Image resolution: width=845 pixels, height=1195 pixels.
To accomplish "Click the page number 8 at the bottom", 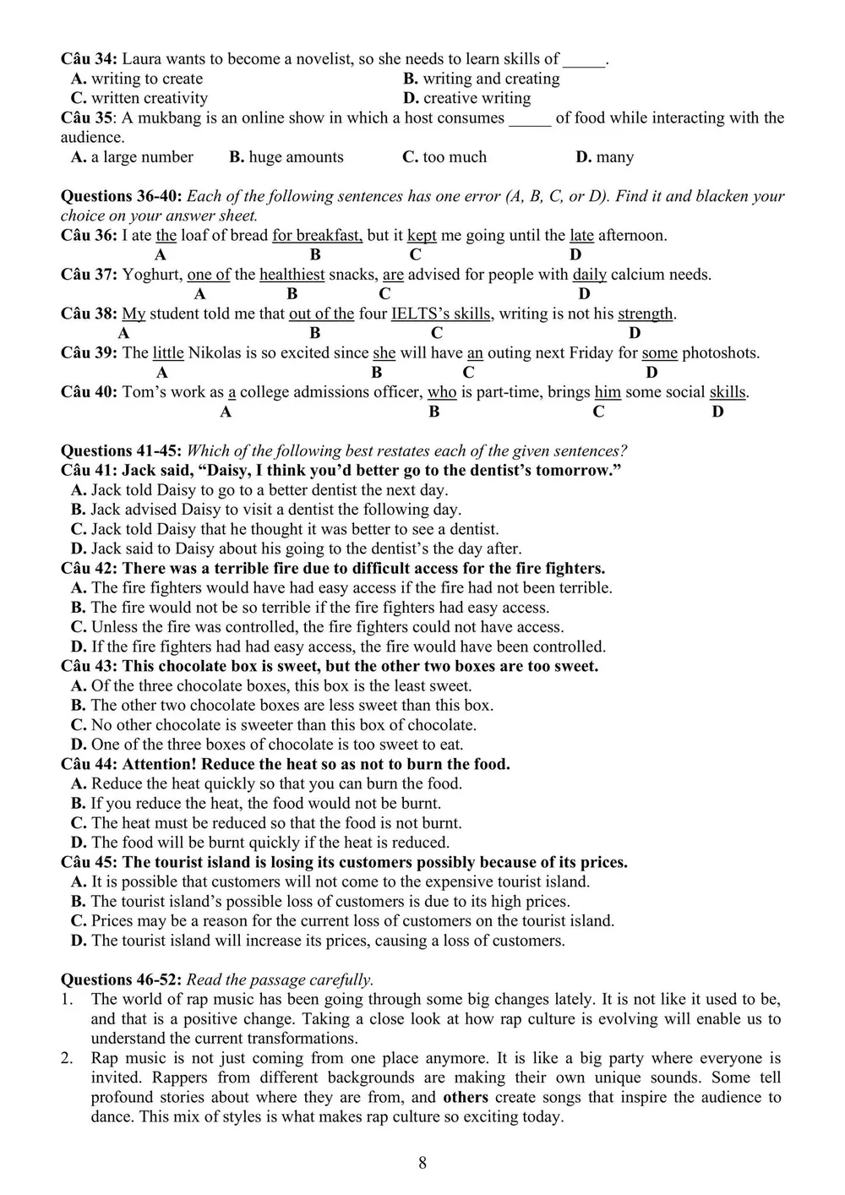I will pos(422,1163).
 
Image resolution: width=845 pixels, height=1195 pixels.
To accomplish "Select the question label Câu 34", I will pos(89,59).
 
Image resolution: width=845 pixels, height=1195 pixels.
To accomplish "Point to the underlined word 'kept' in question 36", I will pos(422,236).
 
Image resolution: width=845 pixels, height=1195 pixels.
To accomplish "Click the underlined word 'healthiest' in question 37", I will pos(292,275).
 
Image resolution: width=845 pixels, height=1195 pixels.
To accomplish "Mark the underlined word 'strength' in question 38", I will pos(646,314).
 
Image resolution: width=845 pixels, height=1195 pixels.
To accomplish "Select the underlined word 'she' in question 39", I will pos(384,353).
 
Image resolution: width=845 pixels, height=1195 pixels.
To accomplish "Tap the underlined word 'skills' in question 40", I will pos(728,392).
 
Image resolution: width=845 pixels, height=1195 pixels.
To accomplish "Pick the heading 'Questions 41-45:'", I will pos(121,451).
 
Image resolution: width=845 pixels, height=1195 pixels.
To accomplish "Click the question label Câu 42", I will pos(89,569).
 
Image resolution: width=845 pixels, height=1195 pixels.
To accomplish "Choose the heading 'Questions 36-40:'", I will pos(121,196).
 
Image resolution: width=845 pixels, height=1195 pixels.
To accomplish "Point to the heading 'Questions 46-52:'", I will pos(121,980).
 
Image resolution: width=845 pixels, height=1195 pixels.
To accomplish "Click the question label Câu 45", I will pos(89,863).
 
